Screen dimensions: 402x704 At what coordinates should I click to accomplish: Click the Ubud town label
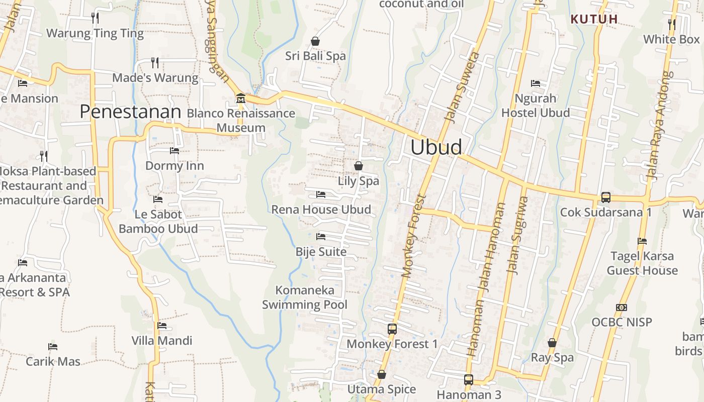coord(436,147)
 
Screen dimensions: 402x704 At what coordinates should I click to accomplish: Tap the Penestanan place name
coord(130,112)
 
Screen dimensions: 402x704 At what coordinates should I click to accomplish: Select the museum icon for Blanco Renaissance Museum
coord(240,97)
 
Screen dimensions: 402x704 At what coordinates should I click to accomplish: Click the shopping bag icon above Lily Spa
coord(359,165)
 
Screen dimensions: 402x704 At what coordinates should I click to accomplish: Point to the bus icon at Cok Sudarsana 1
coord(606,197)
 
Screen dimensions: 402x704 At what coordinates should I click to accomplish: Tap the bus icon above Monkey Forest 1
coord(392,329)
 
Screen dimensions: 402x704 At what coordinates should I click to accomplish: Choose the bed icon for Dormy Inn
coord(174,150)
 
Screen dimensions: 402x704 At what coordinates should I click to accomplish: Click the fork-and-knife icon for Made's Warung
coord(155,62)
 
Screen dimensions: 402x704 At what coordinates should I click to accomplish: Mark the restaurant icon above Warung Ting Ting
coord(95,18)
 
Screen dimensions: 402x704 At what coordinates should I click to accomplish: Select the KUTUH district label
coord(594,19)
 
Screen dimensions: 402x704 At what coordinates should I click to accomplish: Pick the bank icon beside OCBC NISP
coord(622,307)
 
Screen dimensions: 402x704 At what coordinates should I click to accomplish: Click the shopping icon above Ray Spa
coord(552,343)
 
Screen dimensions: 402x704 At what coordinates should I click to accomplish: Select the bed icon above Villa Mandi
coord(162,326)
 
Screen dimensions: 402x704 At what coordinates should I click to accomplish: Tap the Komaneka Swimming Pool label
coord(305,297)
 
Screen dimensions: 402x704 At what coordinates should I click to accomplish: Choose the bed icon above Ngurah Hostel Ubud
coord(536,83)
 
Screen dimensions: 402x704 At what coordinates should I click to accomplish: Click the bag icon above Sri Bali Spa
coord(315,41)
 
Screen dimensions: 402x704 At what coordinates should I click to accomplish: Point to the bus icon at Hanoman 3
coord(469,379)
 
